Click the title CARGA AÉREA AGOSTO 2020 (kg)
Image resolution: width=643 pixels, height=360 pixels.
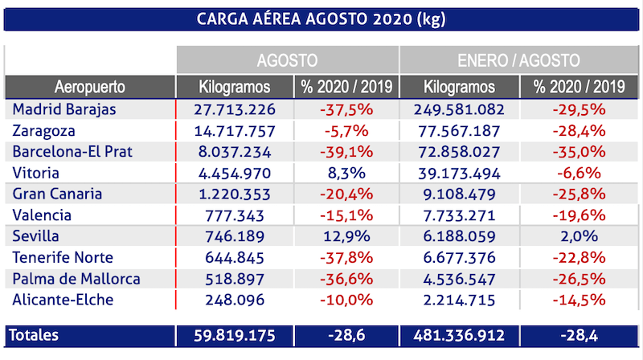coord(321,18)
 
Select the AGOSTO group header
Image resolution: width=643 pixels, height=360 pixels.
coord(288,61)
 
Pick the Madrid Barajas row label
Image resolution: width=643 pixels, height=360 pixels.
coord(65,108)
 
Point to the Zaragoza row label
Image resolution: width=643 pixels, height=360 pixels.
coord(44,130)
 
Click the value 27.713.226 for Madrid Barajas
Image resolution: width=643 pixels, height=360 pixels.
coord(235,108)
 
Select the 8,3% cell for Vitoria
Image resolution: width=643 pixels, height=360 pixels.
coord(345,172)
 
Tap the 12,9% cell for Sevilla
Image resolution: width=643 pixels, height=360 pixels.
coord(345,236)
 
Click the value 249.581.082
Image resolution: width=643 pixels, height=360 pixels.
coord(460,108)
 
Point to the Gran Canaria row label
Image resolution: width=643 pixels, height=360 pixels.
coord(56,194)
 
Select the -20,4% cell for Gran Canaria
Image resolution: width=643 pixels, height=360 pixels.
coord(345,194)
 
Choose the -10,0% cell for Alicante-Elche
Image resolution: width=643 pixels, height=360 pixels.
coord(345,301)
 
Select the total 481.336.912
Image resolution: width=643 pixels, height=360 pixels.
coord(460,333)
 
